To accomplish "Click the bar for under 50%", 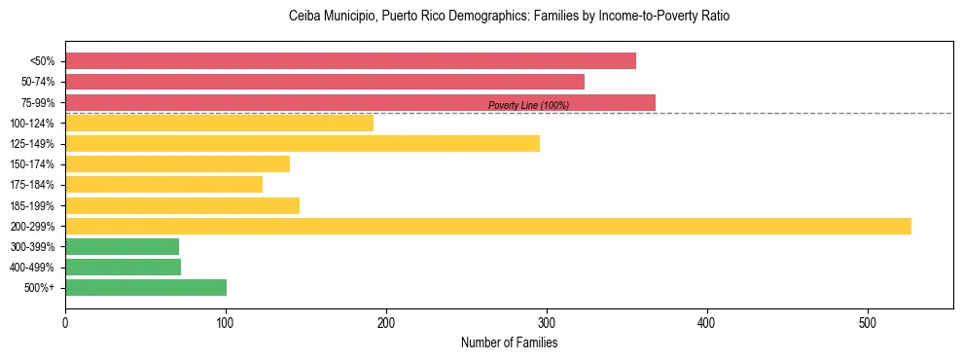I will pos(350,60).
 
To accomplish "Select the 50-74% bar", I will pos(325,82).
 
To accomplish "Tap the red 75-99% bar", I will pos(360,102).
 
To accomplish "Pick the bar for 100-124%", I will pos(219,123).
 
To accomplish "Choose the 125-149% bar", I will pos(302,143).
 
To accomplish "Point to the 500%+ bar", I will pos(146,287).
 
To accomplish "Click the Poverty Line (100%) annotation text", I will pos(528,105).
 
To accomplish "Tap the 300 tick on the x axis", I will pos(547,322).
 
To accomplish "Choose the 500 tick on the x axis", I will pos(868,322).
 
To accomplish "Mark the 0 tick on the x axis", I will pos(65,322).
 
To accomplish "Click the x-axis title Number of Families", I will pos(509,342).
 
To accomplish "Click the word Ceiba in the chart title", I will pos(304,17).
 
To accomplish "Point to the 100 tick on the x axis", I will pos(226,322).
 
